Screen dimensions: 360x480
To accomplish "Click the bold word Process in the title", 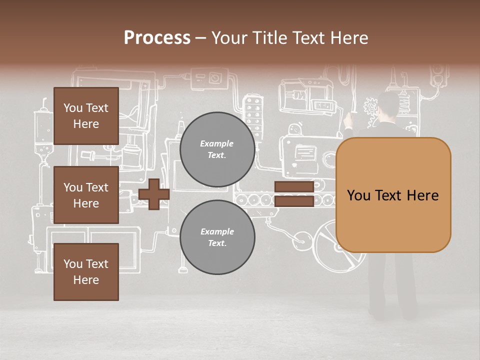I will click(x=157, y=38).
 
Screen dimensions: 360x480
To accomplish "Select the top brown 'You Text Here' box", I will click(x=86, y=116).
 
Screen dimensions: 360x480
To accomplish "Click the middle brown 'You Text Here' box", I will click(x=86, y=195).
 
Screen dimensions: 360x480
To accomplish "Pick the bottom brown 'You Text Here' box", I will click(x=86, y=271).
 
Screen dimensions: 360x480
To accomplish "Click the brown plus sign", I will click(x=154, y=194).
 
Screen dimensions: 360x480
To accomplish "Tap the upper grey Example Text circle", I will click(x=217, y=149).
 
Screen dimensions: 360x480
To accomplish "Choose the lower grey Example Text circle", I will click(x=217, y=237).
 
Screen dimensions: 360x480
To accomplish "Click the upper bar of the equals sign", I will click(x=294, y=187).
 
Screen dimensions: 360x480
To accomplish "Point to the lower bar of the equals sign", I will click(x=294, y=201).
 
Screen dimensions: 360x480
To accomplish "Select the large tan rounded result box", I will click(x=393, y=195).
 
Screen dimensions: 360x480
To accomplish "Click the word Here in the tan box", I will click(x=422, y=195).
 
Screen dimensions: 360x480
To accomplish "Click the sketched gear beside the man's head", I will click(x=370, y=105).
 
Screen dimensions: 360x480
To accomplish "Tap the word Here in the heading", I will click(x=349, y=38).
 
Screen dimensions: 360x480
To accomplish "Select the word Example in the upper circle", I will click(x=217, y=143).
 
